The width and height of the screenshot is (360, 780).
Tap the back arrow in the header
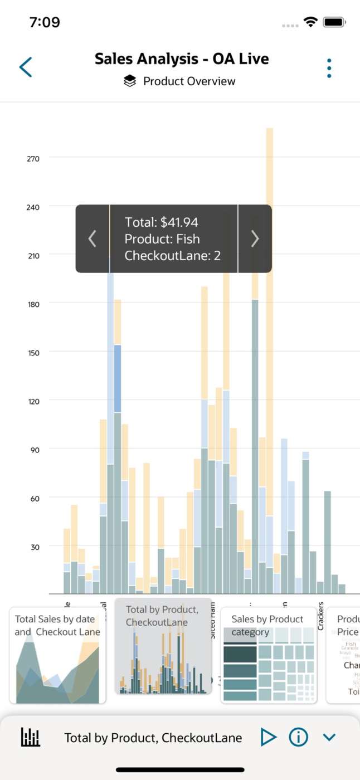click(26, 67)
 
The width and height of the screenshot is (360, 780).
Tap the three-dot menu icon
click(329, 68)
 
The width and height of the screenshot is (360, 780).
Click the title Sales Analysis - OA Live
click(182, 59)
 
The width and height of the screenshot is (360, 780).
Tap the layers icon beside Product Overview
click(130, 81)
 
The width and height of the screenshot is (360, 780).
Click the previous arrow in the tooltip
click(93, 238)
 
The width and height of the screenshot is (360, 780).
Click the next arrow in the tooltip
click(255, 238)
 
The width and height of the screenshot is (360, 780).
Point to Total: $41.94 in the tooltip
click(162, 222)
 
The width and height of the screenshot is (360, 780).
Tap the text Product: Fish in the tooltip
click(162, 239)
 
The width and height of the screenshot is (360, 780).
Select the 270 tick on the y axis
click(33, 158)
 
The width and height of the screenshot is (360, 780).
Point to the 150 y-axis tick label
click(33, 352)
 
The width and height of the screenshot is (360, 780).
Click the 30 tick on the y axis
click(34, 547)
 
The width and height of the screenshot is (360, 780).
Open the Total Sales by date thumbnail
click(57, 655)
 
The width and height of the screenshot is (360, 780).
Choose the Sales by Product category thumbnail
click(269, 655)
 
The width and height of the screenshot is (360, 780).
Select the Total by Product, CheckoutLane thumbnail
click(163, 646)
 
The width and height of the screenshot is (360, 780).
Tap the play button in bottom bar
click(268, 738)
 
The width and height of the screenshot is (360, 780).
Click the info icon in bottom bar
click(298, 738)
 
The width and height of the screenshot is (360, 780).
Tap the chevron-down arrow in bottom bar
click(329, 738)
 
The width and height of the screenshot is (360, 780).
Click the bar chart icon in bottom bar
click(31, 738)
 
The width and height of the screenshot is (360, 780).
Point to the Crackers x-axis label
click(320, 616)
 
